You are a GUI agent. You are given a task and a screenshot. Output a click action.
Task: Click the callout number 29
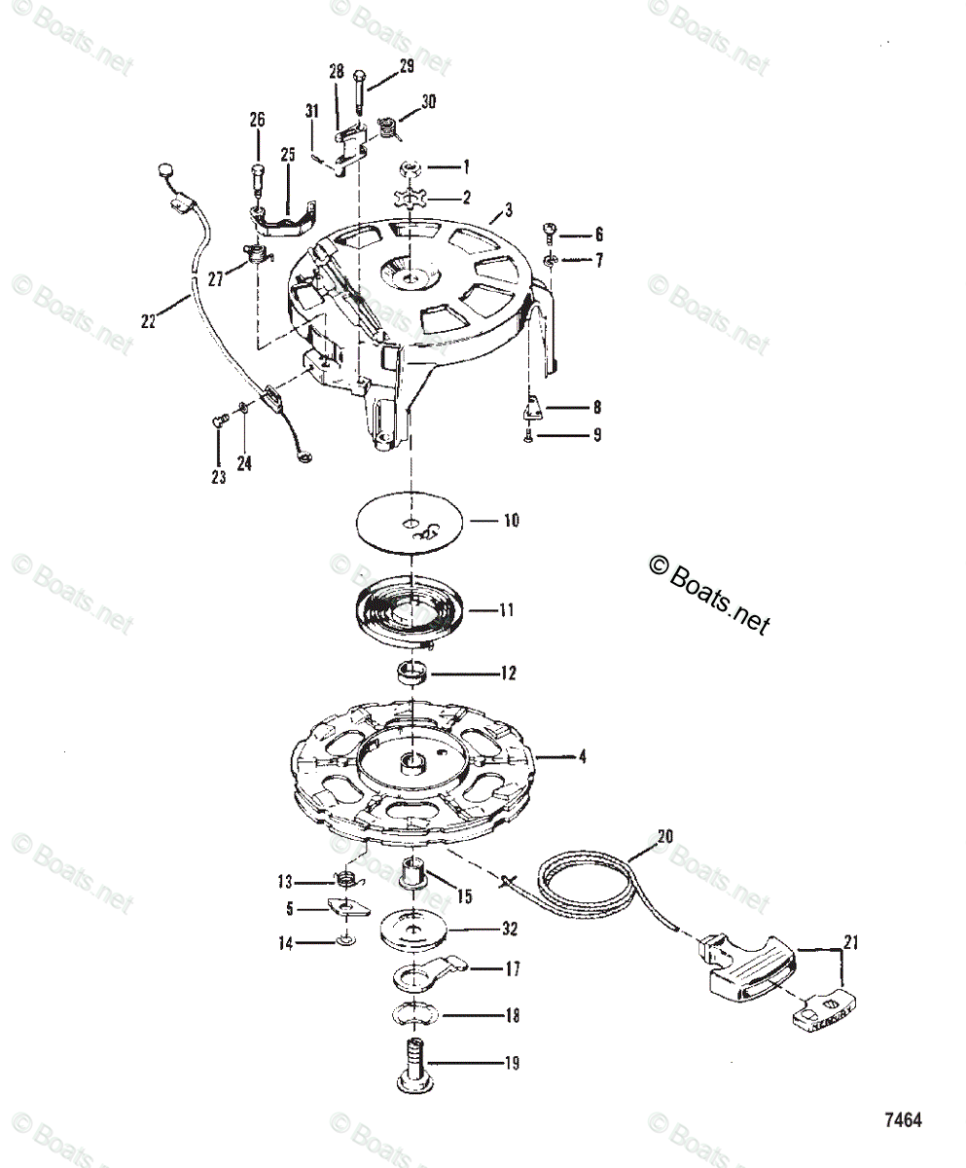click(x=406, y=66)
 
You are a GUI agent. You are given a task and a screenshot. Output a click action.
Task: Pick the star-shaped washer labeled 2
click(x=414, y=201)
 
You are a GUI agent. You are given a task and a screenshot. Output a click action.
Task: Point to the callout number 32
click(x=509, y=930)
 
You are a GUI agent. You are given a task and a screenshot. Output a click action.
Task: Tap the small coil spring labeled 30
click(x=388, y=126)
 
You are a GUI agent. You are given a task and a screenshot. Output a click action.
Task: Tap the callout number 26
click(x=257, y=121)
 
